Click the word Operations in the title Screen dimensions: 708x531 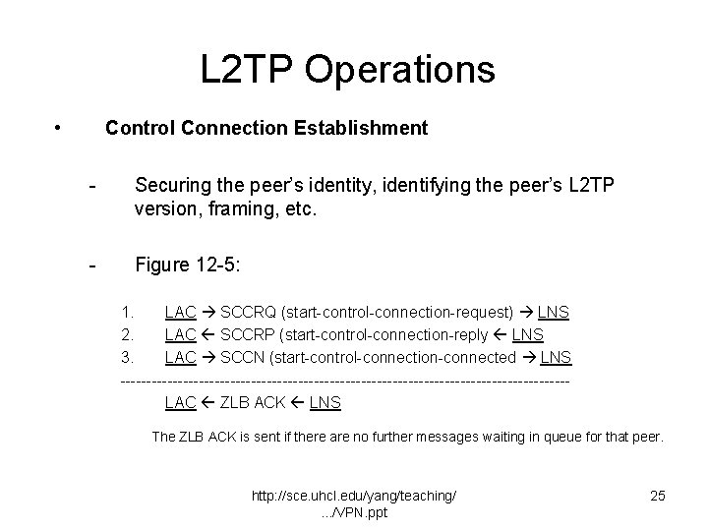coord(399,70)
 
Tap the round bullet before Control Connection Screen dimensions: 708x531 coord(60,128)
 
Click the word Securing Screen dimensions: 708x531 coord(170,185)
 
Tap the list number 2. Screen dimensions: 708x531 coord(125,334)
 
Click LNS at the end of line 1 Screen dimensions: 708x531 coord(553,313)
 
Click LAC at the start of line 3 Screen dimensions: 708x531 coord(180,356)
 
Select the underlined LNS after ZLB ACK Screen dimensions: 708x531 coord(325,402)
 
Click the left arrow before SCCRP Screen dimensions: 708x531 coord(207,334)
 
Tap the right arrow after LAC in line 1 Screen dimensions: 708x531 coord(207,313)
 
